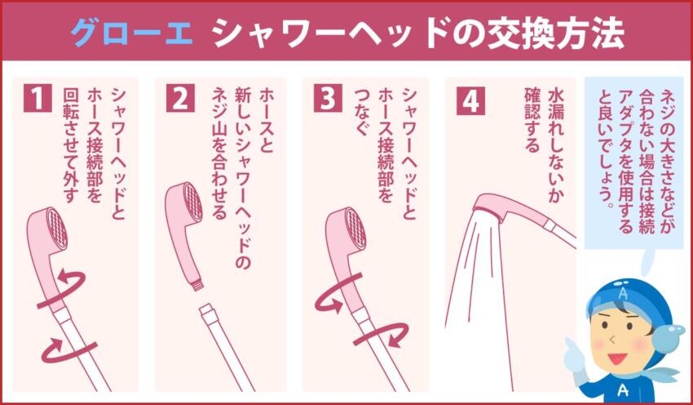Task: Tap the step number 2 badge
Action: (179, 98)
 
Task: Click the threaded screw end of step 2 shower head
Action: (196, 284)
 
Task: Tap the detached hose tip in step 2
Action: (207, 313)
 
